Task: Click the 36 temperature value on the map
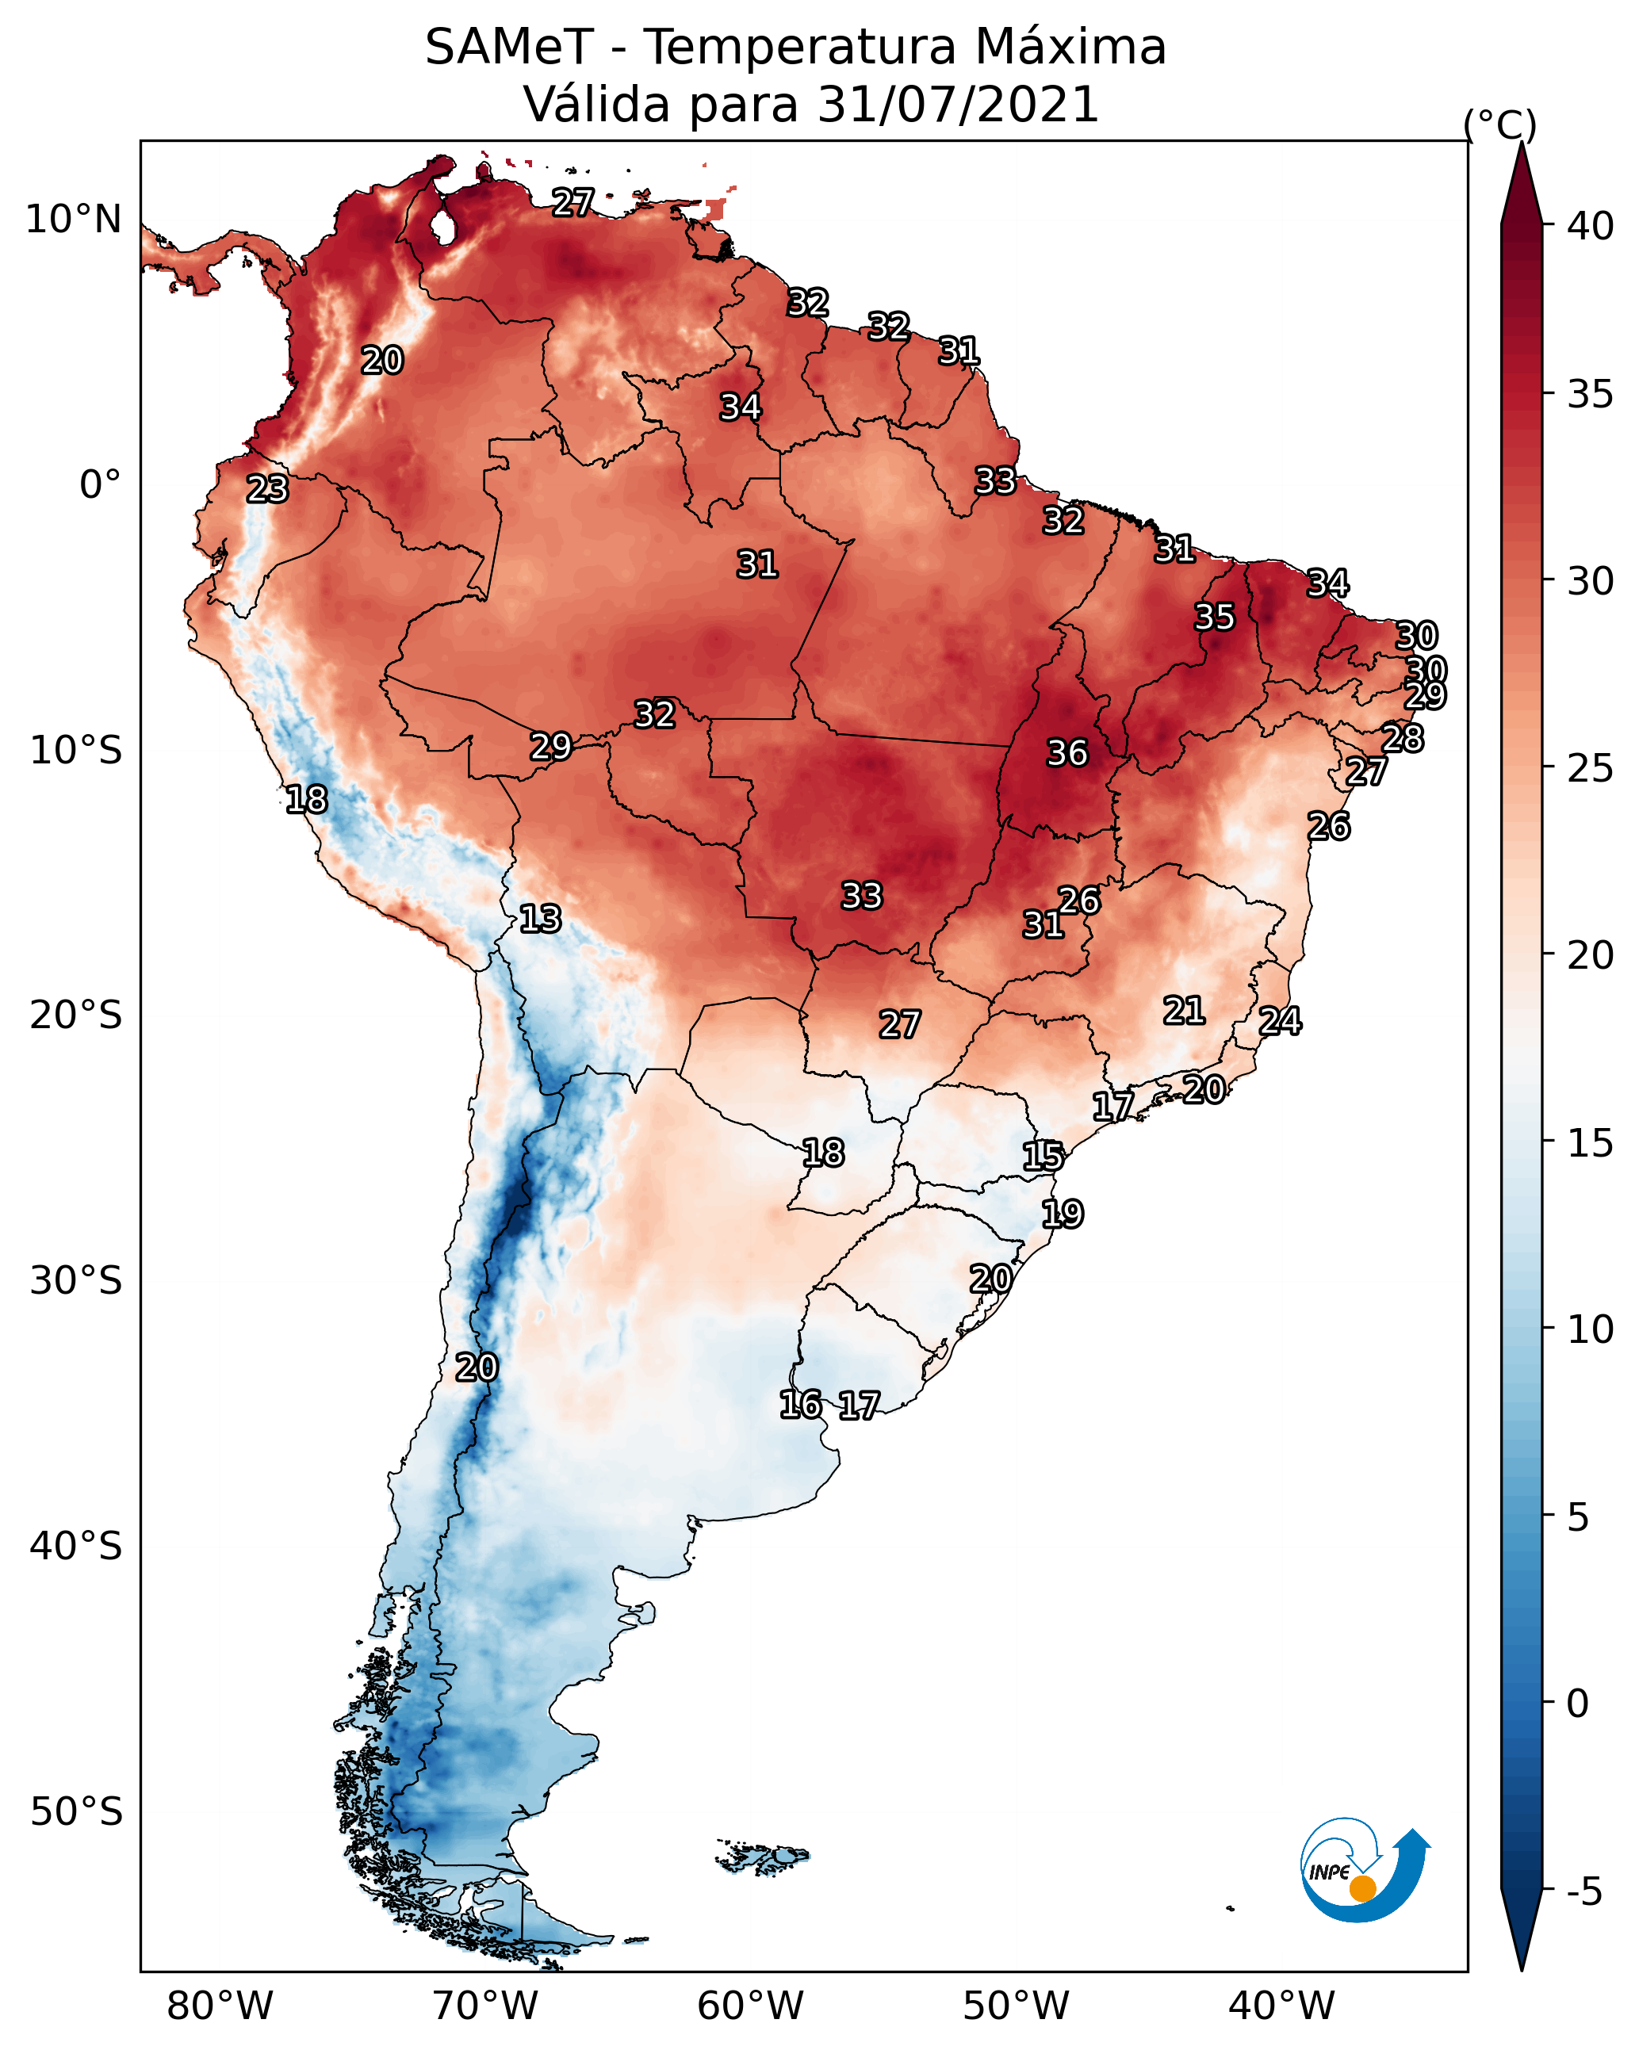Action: [x=1066, y=753]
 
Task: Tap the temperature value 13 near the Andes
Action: [x=540, y=919]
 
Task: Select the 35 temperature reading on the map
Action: [x=1215, y=616]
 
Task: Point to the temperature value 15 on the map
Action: [x=1043, y=1157]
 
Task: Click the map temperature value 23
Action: [x=267, y=489]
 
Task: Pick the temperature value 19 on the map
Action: [x=1062, y=1214]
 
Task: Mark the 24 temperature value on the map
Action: [x=1280, y=1021]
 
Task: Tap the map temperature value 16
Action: [x=800, y=1405]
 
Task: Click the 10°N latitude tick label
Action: [x=73, y=220]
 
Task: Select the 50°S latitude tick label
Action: [x=76, y=1812]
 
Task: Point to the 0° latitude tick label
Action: [x=100, y=485]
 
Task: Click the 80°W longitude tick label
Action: [x=220, y=2006]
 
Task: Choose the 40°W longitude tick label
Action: [x=1281, y=2006]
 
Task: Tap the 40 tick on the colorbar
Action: [x=1591, y=226]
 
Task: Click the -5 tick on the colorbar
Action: [x=1583, y=1892]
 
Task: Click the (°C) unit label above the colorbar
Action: [x=1499, y=124]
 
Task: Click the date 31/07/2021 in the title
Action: [x=957, y=105]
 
